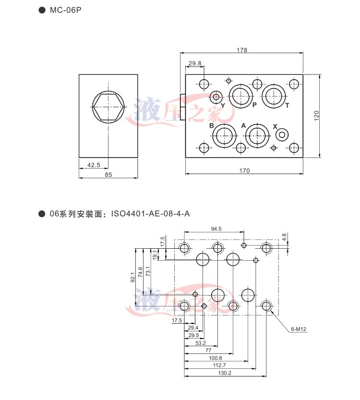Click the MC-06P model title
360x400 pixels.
[66, 10]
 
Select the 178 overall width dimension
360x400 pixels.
[241, 50]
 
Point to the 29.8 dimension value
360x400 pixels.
[195, 63]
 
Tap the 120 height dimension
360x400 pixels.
[317, 116]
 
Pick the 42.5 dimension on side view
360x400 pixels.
[94, 165]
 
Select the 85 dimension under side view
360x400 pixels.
[108, 175]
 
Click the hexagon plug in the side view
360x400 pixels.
[108, 106]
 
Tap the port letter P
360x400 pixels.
[254, 105]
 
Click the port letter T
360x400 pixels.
[287, 105]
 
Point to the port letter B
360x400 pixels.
[211, 126]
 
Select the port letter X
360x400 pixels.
[275, 126]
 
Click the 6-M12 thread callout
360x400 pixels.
[299, 329]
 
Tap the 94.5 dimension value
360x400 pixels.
[216, 229]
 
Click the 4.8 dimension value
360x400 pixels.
[284, 237]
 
